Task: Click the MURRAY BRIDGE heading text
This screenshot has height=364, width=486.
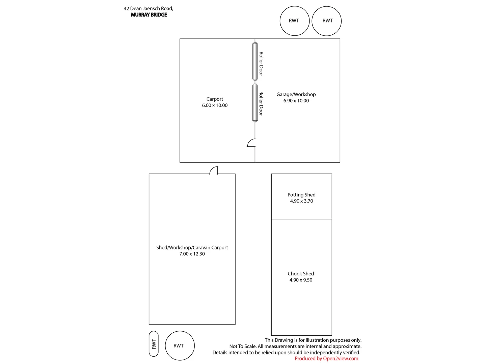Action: (149, 15)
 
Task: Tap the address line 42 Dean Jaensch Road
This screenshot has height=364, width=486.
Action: (148, 8)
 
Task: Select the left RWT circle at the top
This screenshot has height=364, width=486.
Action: (294, 21)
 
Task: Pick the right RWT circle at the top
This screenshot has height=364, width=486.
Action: (327, 21)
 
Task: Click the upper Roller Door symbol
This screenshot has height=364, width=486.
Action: (255, 61)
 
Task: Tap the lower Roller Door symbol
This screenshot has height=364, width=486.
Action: (255, 103)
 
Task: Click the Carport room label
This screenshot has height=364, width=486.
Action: (215, 99)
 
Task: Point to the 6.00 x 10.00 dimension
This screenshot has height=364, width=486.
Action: (215, 105)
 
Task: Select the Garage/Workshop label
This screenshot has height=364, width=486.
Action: (296, 94)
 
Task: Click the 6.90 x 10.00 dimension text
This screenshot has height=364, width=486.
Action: (296, 101)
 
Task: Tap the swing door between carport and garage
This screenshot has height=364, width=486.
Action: (251, 143)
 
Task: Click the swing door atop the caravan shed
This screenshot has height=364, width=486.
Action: (214, 171)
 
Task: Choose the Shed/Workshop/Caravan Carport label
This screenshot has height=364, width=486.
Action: (192, 247)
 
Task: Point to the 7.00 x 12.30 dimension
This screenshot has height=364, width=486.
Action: (192, 254)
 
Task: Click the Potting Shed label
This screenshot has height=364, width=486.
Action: (301, 195)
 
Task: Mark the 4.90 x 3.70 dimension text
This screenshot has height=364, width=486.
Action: (301, 201)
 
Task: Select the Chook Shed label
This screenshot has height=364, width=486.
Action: (301, 274)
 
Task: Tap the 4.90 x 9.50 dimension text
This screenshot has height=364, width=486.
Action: (301, 280)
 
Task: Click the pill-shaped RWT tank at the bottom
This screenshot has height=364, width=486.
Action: (154, 344)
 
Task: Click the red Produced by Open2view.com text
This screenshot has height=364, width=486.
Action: (326, 359)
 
